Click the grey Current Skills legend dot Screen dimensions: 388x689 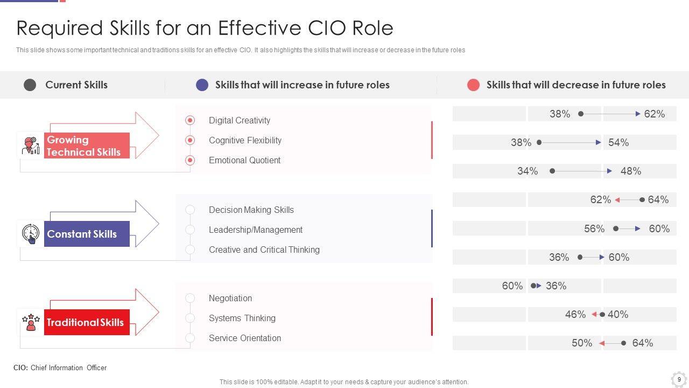coord(30,85)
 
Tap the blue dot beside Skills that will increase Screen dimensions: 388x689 coord(202,85)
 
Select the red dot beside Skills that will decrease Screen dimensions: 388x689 coord(473,85)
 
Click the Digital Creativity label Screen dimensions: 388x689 coord(240,120)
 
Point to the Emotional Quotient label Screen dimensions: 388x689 coord(244,160)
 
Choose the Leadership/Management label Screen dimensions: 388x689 coord(256,230)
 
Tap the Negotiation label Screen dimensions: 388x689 coord(230,298)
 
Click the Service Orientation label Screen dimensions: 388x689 coord(245,338)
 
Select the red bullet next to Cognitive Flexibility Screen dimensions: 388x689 coord(190,140)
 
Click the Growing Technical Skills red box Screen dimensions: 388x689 coord(87,145)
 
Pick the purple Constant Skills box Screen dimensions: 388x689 coord(87,234)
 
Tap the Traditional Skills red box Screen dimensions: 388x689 coord(87,322)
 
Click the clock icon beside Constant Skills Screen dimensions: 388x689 coord(31,233)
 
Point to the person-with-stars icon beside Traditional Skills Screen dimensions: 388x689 coord(31,322)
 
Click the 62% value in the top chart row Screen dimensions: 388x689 coord(654,114)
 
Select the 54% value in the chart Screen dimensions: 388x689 coord(618,142)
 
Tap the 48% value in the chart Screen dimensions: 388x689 coord(631,171)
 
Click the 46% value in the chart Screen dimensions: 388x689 coord(575,314)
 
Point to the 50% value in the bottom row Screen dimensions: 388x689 coord(582,343)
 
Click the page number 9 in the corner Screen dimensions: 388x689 coord(679,379)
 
